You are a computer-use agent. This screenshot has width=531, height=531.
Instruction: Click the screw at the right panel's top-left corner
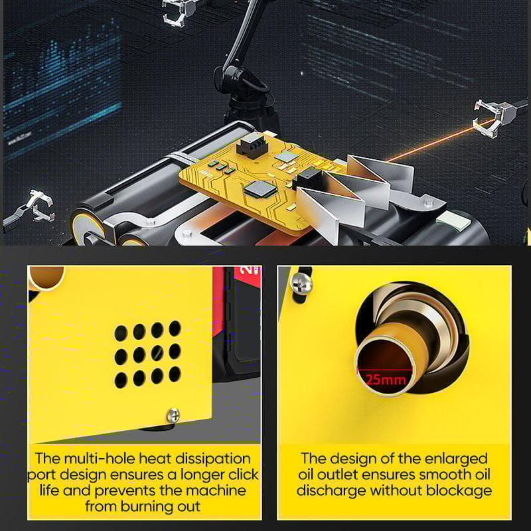(302, 281)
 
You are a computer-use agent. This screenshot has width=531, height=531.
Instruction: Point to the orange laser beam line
(431, 142)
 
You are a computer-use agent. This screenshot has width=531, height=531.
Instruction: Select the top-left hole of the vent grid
(121, 332)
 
